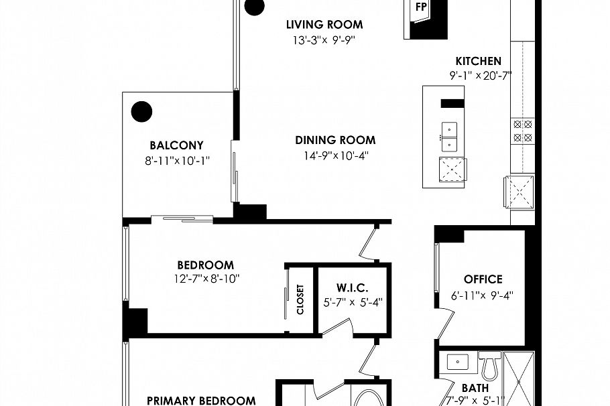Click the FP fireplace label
[x=421, y=7]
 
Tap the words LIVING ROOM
[x=324, y=25]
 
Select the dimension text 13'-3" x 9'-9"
[x=323, y=40]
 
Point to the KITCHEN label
[x=478, y=61]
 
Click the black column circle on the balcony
[x=141, y=111]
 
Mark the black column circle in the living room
[x=254, y=7]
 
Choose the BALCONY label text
[x=176, y=145]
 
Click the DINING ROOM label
[x=335, y=141]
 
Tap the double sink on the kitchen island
[x=448, y=137]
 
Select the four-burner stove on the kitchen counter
[x=522, y=131]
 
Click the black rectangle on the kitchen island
[x=452, y=103]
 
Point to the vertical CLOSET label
[x=300, y=299]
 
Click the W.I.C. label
[x=353, y=287]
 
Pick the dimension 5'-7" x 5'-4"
[x=353, y=302]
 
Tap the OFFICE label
[x=483, y=279]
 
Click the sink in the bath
[x=459, y=362]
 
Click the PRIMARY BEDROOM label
[x=201, y=401]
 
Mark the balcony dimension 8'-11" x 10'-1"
[x=177, y=160]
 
